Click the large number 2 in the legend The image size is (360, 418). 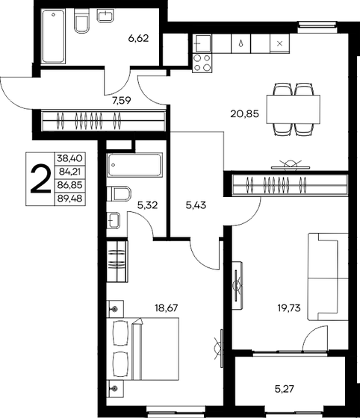[x=40, y=179]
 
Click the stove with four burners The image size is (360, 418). [x=202, y=63]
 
